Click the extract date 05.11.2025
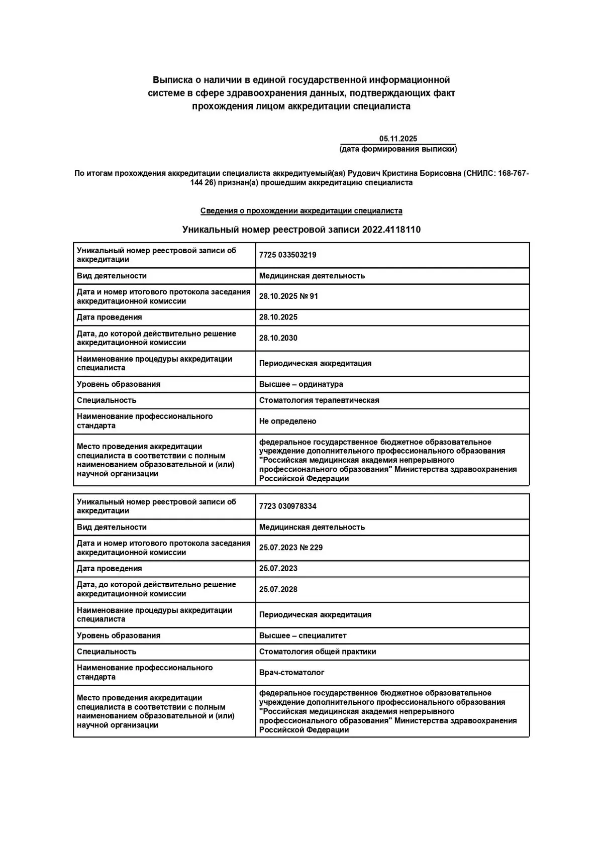(398, 139)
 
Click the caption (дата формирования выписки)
(398, 149)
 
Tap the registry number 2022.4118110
(391, 230)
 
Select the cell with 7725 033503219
(287, 255)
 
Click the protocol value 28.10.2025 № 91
(288, 296)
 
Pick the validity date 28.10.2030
(278, 338)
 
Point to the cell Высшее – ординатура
(301, 384)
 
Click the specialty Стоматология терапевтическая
(319, 400)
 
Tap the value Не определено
(287, 421)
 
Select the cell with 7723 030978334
(287, 506)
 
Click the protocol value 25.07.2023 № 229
(290, 548)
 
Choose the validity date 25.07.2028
(278, 589)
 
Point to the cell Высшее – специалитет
(303, 635)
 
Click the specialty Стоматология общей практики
(318, 652)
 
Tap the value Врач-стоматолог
(291, 673)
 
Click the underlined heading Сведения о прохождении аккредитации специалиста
(301, 211)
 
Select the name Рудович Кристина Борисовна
(404, 173)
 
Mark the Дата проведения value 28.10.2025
(278, 317)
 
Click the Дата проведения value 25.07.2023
(278, 569)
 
